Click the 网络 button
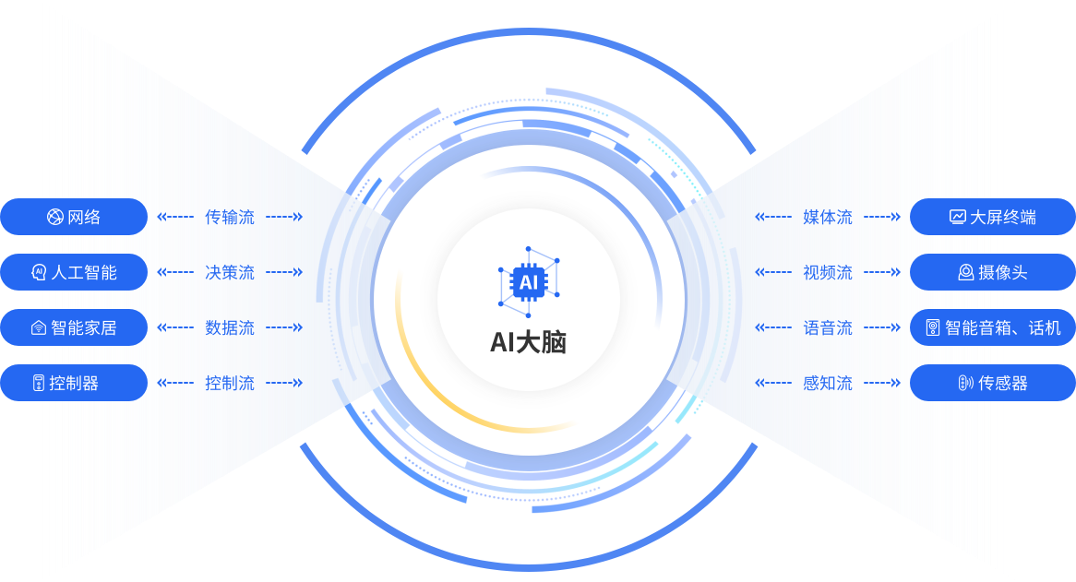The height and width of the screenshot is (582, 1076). (x=74, y=217)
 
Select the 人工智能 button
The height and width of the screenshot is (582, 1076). (x=74, y=272)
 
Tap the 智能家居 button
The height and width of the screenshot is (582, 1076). (x=74, y=327)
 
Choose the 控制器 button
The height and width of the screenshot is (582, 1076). (x=74, y=383)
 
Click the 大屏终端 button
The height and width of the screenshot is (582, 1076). (x=992, y=217)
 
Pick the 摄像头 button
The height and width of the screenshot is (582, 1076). (x=992, y=272)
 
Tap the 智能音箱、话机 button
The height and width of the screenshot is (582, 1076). (x=992, y=327)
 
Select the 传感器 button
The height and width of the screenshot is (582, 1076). (x=992, y=383)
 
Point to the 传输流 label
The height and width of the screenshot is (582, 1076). (x=230, y=218)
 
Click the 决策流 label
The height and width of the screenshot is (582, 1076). (x=230, y=273)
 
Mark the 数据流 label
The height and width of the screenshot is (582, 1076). (x=230, y=328)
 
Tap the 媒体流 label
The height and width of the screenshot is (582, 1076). (x=828, y=218)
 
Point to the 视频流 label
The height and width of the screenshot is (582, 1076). (x=828, y=273)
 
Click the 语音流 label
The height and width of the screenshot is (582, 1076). (x=828, y=328)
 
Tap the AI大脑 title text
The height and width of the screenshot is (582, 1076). (x=528, y=343)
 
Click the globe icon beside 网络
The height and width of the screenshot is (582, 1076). (x=54, y=218)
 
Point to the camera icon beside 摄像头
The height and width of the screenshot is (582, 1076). (x=965, y=273)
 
